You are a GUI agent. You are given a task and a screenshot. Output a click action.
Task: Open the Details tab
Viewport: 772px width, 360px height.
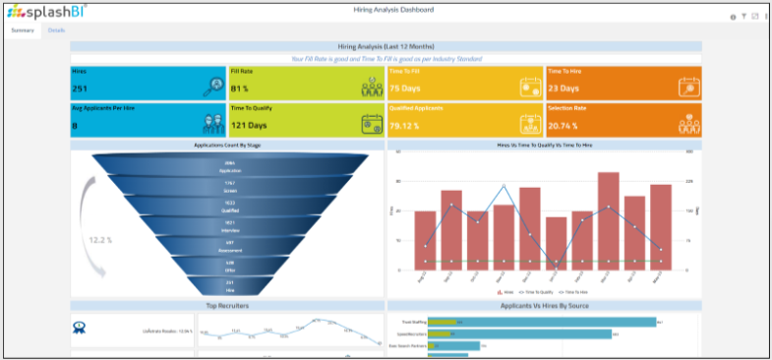(x=57, y=30)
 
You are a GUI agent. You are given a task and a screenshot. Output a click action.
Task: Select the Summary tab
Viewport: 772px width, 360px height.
(x=22, y=30)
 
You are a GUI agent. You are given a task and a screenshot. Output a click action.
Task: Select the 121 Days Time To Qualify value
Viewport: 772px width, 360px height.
(x=249, y=126)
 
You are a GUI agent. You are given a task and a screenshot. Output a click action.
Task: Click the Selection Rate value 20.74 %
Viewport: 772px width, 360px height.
(x=564, y=126)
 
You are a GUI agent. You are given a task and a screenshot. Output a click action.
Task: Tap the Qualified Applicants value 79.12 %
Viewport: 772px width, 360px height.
(x=406, y=126)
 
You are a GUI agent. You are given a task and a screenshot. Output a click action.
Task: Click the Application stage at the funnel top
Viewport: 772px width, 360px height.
(x=229, y=167)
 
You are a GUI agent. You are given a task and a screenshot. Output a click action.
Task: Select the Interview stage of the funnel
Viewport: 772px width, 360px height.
(x=229, y=226)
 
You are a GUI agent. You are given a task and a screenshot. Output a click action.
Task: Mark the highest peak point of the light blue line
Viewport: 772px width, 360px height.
(x=504, y=186)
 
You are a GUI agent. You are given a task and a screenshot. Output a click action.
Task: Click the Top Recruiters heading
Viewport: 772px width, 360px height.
(x=227, y=306)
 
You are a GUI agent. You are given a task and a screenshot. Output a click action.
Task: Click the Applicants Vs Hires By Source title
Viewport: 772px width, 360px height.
(x=544, y=306)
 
